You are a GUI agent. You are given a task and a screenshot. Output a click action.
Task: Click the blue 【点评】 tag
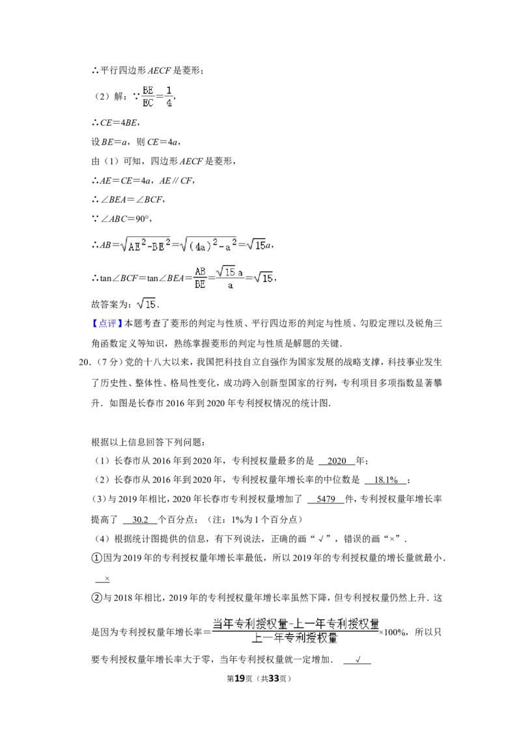(107, 324)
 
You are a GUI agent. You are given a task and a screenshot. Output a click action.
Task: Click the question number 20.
(83, 363)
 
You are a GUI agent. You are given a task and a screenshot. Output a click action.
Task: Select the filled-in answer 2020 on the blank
(337, 461)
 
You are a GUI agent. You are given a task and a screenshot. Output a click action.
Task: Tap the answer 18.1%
(386, 480)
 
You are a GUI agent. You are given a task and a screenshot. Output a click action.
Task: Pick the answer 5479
(326, 499)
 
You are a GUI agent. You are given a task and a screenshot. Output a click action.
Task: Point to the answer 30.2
(140, 520)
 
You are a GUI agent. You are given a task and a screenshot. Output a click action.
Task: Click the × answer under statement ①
(107, 579)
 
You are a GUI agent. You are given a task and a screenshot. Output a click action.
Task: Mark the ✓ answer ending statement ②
(358, 660)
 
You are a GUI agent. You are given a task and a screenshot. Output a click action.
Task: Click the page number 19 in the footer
(240, 678)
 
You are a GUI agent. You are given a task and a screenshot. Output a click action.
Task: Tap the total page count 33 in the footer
(274, 678)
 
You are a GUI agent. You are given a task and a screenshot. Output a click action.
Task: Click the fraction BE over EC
(148, 96)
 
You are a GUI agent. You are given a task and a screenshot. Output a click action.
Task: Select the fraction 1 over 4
(169, 96)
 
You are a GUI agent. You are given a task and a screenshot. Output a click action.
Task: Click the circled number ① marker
(96, 559)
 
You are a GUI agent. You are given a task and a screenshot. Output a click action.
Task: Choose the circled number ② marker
(96, 598)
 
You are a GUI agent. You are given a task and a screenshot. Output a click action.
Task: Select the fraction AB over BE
(201, 278)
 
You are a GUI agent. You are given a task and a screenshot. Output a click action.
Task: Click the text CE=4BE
(119, 122)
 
